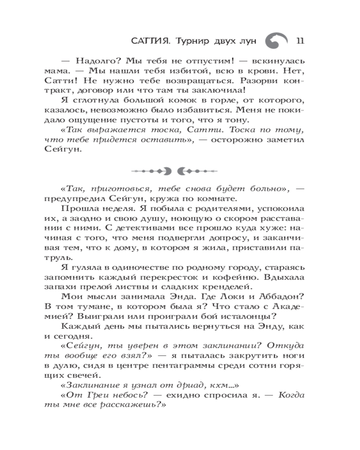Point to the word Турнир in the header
coord(192,41)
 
